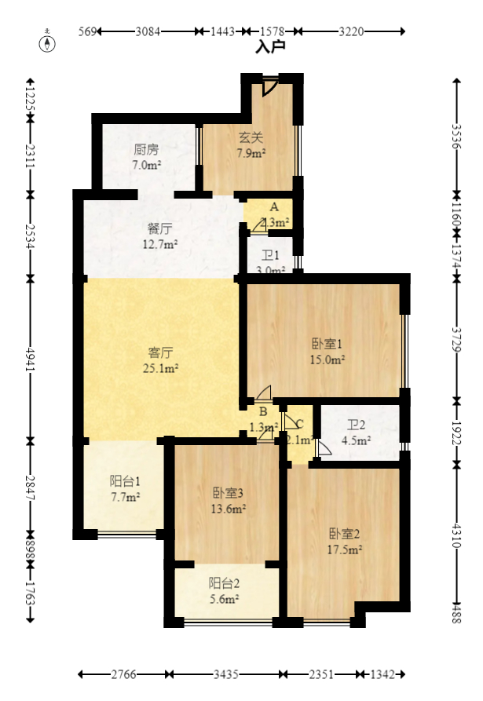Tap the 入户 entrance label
click(270, 47)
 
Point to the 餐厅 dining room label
click(160, 229)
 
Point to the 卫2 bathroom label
click(357, 425)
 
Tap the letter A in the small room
click(273, 206)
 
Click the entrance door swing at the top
click(270, 86)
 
